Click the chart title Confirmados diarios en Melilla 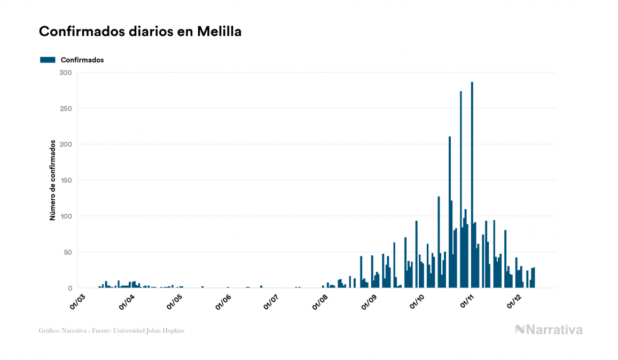tap(140, 32)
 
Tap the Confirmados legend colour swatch tap(48, 60)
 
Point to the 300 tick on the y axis tap(66, 73)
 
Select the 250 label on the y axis tap(66, 108)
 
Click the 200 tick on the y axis tap(66, 144)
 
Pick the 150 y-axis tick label tap(66, 181)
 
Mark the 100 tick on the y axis tap(66, 216)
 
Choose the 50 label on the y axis tap(67, 252)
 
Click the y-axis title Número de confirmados tap(52, 181)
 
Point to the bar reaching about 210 tap(450, 214)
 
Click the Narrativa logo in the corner tap(549, 330)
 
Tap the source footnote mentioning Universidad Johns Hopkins tap(112, 331)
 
